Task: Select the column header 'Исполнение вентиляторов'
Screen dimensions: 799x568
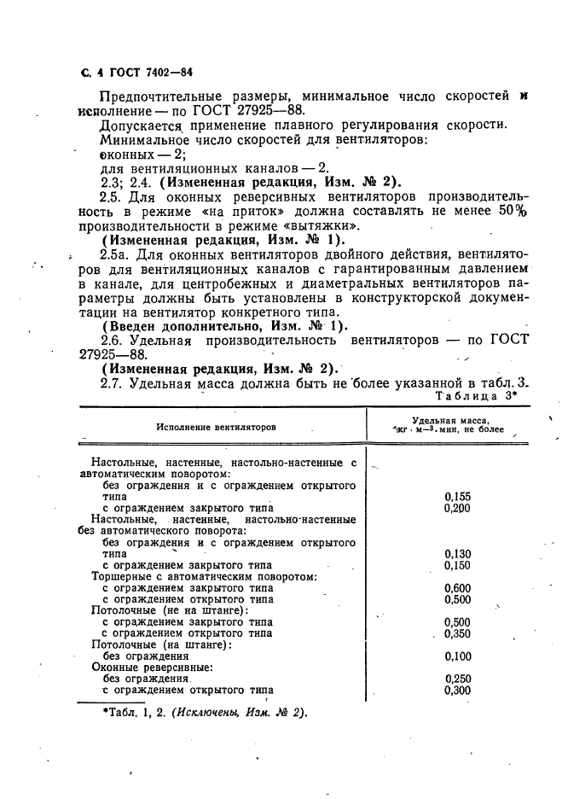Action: [217, 426]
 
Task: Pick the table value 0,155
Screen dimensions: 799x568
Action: [458, 496]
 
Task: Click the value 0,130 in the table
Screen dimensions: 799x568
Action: [458, 553]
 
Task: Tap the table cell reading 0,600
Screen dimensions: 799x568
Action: [458, 587]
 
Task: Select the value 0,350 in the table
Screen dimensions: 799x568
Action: [458, 633]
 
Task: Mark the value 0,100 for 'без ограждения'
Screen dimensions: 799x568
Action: [458, 656]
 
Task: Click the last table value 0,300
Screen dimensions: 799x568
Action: [458, 691]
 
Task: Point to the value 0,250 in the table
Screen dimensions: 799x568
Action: [458, 679]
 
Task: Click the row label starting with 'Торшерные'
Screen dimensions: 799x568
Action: [205, 576]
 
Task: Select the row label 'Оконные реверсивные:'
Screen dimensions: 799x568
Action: [152, 668]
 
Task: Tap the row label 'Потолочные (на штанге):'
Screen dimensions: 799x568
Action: [161, 644]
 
